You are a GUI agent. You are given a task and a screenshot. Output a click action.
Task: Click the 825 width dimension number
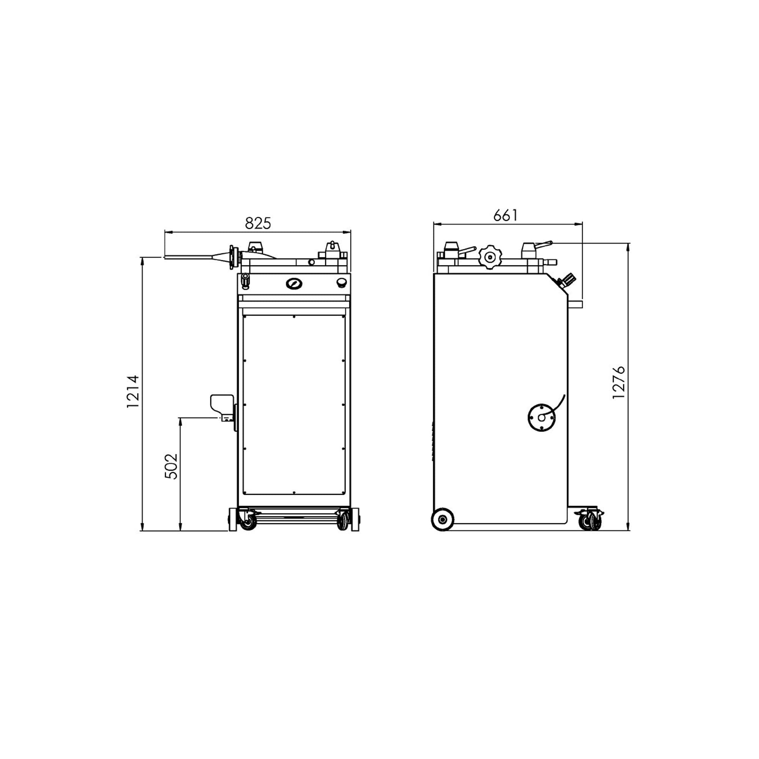[x=258, y=223]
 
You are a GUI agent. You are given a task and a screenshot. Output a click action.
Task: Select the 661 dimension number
[x=505, y=215]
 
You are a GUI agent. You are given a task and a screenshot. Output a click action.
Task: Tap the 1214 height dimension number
[x=133, y=392]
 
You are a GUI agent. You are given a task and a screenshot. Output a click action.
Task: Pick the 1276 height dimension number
[x=619, y=382]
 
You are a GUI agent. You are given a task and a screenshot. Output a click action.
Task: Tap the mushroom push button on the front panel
[x=342, y=282]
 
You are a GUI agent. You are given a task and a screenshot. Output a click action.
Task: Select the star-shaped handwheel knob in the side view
[x=489, y=257]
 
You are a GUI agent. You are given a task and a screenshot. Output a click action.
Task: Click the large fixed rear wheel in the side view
[x=443, y=520]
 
